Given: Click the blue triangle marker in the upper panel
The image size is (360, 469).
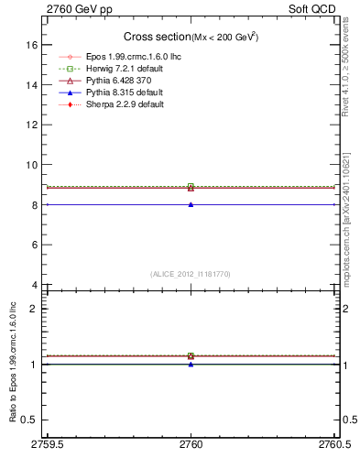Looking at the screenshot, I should point(191,204).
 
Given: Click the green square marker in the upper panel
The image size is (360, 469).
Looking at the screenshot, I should point(191,187).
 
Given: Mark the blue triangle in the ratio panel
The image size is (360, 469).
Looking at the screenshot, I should point(191,365).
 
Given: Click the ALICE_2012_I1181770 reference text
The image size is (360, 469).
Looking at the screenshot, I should point(191,273).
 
